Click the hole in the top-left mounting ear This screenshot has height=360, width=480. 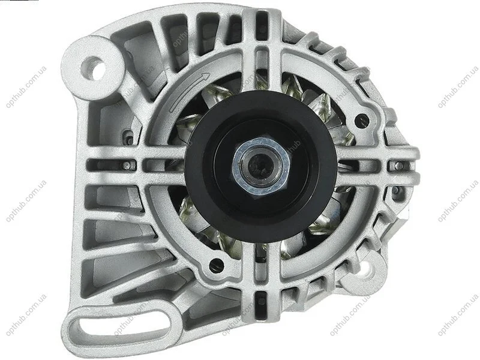92,68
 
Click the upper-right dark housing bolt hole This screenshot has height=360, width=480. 362,118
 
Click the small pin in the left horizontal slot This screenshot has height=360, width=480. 125,166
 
